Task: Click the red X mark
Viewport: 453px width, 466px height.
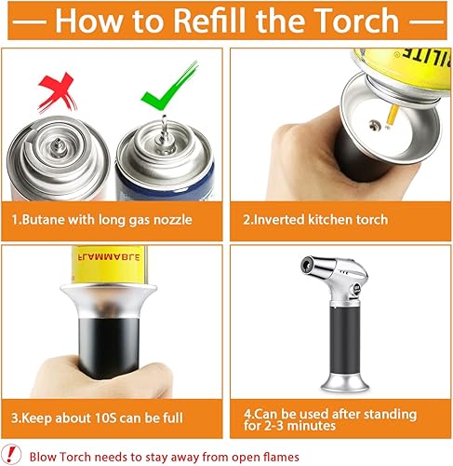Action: (58, 92)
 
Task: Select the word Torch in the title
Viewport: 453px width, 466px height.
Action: (356, 21)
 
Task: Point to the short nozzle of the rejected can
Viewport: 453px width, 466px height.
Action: (57, 147)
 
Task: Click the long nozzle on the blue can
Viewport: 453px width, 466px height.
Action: (164, 130)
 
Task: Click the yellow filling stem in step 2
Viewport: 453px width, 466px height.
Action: (392, 116)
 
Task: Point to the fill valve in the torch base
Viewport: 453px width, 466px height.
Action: (374, 126)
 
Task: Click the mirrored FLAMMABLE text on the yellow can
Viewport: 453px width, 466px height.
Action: (109, 257)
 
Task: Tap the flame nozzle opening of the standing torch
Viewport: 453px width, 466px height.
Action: (307, 265)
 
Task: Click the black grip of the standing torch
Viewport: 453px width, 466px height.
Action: (345, 339)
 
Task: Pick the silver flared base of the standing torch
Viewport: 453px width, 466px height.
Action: (345, 383)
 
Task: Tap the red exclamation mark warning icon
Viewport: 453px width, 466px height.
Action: (10, 455)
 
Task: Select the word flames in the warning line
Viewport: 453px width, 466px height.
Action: (281, 457)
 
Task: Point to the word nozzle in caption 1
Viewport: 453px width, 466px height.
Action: (173, 220)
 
